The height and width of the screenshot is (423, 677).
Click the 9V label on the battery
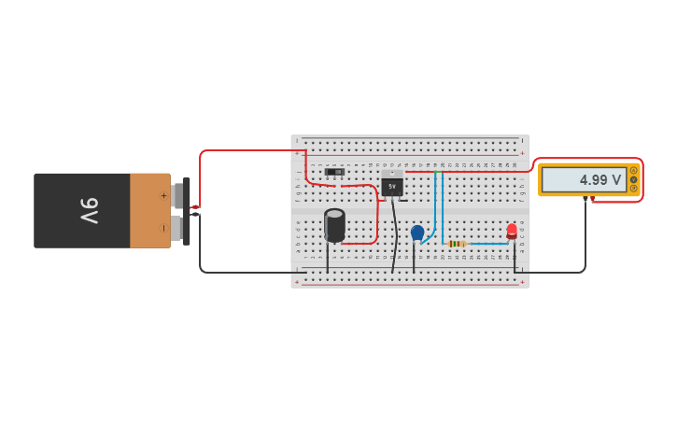point(89,210)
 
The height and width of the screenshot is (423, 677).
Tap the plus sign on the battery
point(163,195)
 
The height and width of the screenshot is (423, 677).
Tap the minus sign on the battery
point(163,227)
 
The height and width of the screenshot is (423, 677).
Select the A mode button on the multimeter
point(634,170)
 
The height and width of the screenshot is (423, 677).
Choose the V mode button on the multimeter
point(634,179)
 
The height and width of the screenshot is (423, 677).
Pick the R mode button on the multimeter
point(634,189)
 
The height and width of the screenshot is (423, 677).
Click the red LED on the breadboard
point(512,230)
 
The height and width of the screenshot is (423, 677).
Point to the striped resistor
point(457,244)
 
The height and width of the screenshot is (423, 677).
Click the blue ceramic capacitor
point(416,233)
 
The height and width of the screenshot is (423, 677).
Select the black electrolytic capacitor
point(334,225)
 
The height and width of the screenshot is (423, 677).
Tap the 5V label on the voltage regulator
point(392,187)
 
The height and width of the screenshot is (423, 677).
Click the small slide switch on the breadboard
point(334,172)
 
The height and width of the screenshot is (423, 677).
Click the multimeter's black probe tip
point(585,199)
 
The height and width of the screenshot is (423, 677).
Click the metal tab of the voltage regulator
point(392,174)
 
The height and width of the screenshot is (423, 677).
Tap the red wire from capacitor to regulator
point(376,219)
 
